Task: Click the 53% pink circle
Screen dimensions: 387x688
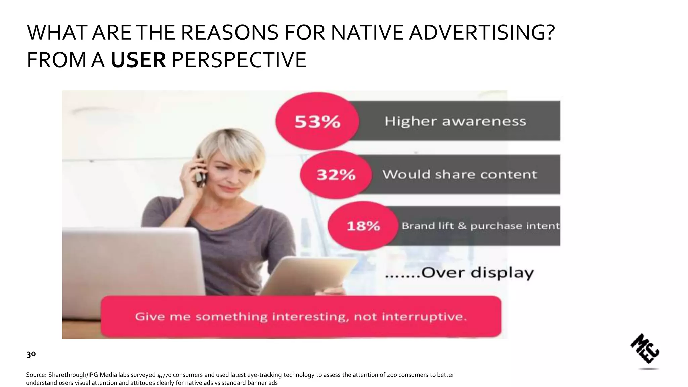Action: point(317,121)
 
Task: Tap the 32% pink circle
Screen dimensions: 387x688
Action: point(336,175)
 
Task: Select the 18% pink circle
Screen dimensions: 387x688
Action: point(363,226)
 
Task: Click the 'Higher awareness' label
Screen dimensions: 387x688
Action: point(455,121)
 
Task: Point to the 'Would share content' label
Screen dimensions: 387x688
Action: point(460,175)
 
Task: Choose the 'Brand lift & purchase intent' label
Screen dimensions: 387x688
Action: point(480,226)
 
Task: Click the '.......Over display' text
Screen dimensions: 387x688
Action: point(459,273)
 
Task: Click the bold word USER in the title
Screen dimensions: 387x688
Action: point(138,60)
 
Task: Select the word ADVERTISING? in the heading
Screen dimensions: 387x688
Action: point(482,32)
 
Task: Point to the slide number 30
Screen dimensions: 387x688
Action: point(31,354)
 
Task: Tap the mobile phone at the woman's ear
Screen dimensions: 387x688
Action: point(201,171)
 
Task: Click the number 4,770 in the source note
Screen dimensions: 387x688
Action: point(164,375)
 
